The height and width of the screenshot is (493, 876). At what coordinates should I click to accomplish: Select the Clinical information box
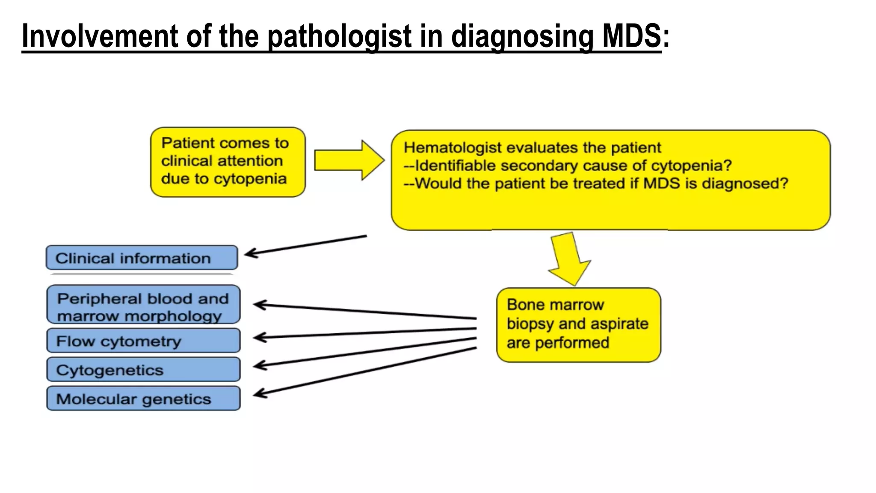click(142, 258)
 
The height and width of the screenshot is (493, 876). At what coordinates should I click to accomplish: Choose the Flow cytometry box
click(143, 341)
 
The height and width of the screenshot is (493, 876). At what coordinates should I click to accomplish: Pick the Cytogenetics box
click(143, 370)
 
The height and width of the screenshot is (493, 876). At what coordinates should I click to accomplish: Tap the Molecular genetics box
click(143, 399)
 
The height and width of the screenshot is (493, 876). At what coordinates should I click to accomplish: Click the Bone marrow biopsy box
click(578, 324)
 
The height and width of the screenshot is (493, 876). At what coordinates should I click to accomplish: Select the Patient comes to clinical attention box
click(228, 162)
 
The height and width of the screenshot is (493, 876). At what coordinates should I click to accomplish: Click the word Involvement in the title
click(99, 36)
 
